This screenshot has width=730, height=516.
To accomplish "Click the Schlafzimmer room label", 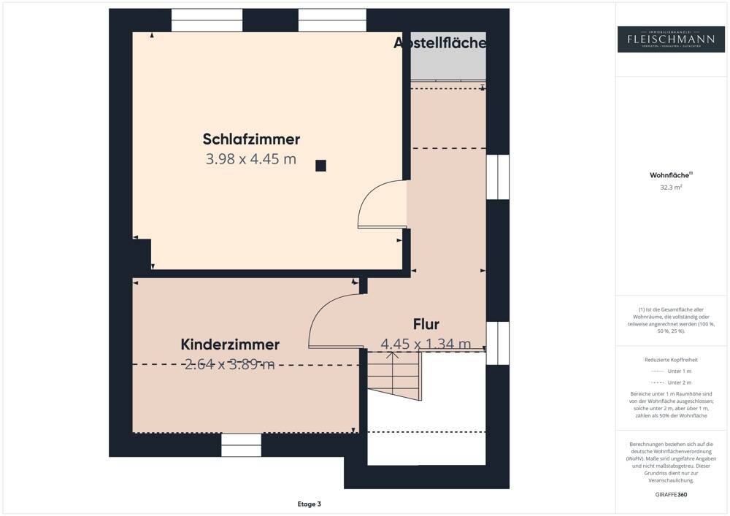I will point(251,139).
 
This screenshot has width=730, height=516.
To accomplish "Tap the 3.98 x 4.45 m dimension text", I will point(251,159).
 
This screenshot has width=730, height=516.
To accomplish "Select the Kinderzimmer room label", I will point(230,344).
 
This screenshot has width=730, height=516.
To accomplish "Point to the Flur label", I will point(426,324).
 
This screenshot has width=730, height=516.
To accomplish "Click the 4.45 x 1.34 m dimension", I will point(426,344).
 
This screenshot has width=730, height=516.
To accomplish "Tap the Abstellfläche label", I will point(439,43).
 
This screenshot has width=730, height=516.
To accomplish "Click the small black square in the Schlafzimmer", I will point(320,166).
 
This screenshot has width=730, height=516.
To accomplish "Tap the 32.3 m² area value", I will point(671,188).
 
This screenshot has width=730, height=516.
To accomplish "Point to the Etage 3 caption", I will point(309,504).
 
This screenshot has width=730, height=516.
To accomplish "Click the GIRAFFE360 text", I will point(671,495).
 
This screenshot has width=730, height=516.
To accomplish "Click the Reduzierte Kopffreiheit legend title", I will point(671,360).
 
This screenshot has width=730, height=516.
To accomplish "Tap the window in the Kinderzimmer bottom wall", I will point(241,444).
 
